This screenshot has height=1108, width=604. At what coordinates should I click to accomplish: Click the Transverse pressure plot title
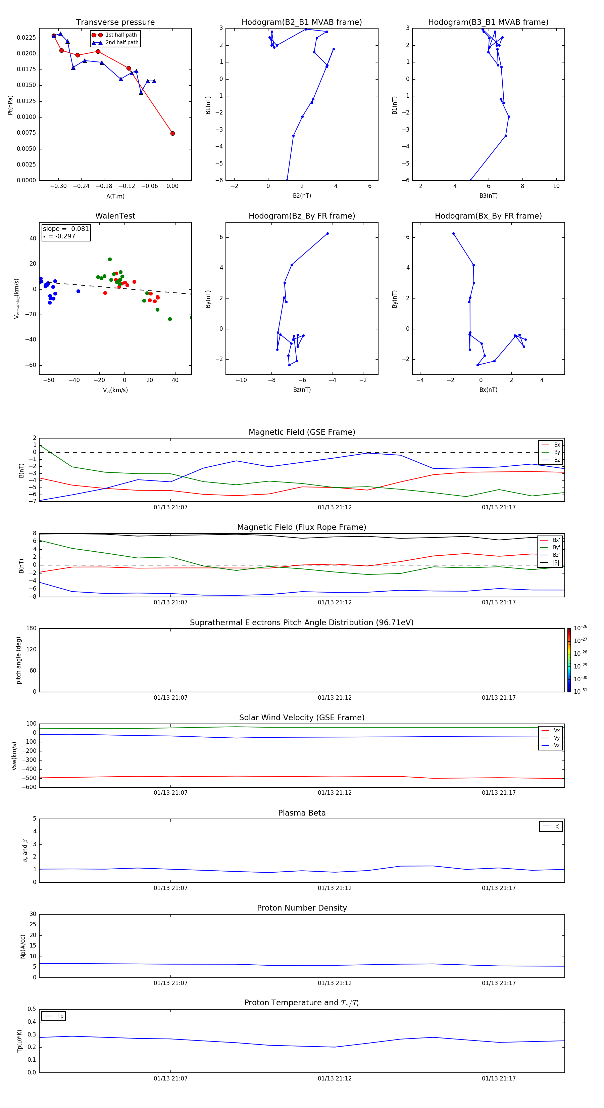[x=115, y=22]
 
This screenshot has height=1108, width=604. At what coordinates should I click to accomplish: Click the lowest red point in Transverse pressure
[x=172, y=133]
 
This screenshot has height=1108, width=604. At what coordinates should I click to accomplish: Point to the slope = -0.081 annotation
[x=66, y=229]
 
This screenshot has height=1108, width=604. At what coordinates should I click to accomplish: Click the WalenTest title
[x=115, y=216]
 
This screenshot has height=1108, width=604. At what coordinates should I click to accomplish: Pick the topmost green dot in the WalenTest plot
[x=110, y=259]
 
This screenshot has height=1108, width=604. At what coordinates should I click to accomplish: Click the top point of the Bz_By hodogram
[x=328, y=234]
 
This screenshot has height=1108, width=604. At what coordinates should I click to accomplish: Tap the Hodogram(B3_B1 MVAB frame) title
[x=488, y=22]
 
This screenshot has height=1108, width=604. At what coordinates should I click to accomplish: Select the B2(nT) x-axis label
[x=302, y=196]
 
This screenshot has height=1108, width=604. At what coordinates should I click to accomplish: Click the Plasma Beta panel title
[x=302, y=813]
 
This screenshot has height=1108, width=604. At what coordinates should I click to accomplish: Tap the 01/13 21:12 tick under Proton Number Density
[x=335, y=983]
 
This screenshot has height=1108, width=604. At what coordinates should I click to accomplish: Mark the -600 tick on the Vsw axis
[x=29, y=787]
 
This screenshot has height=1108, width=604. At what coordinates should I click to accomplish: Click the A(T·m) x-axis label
[x=115, y=196]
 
